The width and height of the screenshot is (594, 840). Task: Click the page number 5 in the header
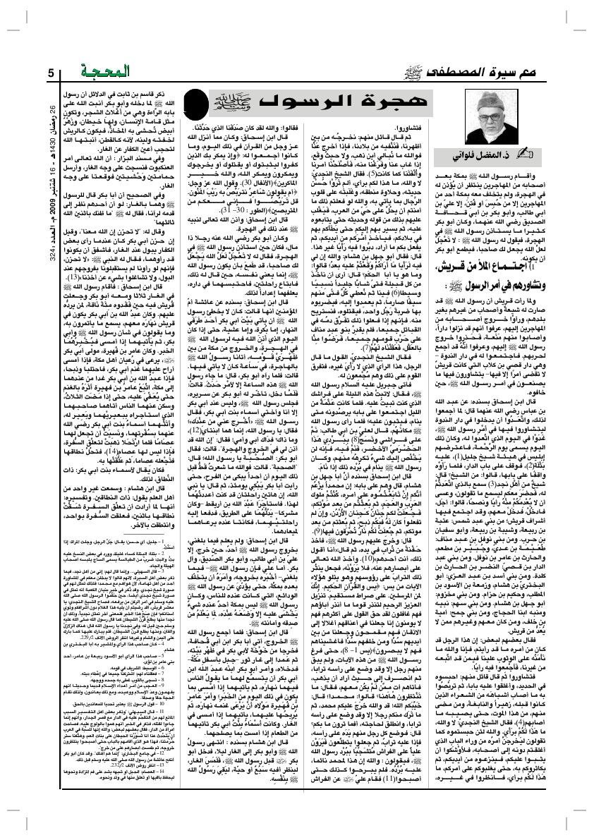(51, 72)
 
